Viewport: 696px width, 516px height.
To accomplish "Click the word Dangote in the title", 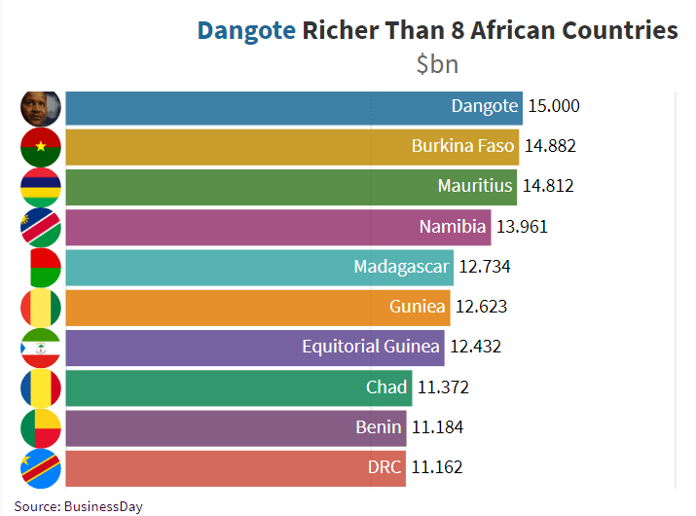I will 246,30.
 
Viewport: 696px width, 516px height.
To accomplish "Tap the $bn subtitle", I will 437,64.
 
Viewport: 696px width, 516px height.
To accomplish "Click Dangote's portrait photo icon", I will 41,106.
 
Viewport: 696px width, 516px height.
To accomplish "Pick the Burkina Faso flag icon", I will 41,146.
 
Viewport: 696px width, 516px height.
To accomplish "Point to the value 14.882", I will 550,146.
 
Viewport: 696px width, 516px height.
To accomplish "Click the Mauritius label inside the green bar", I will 475,186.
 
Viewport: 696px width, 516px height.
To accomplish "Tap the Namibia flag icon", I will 41,227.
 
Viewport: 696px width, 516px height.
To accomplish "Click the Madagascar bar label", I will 401,267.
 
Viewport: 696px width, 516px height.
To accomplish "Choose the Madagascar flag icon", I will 41,267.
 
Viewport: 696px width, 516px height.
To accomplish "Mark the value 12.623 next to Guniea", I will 481,307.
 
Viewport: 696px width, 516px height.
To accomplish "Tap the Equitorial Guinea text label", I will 369,347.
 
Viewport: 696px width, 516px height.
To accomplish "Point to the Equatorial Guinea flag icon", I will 41,347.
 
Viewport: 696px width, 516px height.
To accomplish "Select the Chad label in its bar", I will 386,387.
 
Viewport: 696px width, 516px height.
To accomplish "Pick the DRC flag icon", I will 41,467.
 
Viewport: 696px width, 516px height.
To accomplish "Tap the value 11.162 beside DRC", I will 436,467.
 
